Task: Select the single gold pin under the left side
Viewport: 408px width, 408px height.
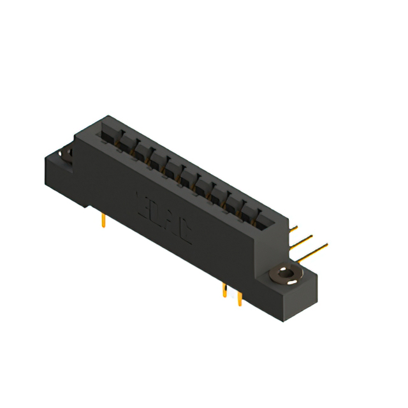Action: click(103, 221)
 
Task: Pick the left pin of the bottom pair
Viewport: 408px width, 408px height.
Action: click(224, 291)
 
